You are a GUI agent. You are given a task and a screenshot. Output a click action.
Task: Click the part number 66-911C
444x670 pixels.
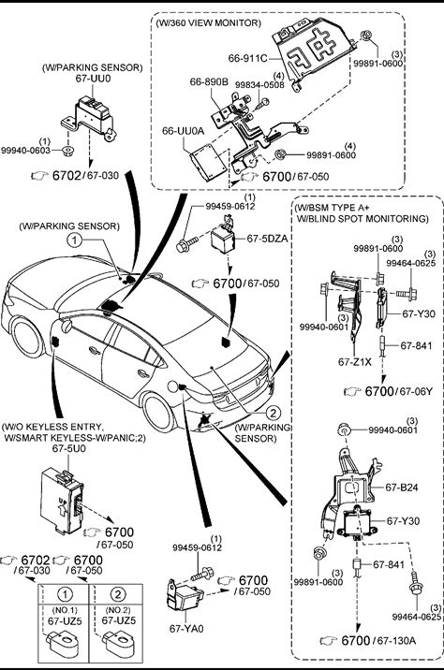click(247, 58)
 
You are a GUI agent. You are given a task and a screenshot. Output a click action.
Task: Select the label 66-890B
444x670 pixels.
click(209, 81)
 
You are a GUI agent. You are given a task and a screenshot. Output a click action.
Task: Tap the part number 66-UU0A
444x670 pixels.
click(183, 131)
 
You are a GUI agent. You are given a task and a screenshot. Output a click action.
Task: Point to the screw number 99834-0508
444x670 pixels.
click(259, 84)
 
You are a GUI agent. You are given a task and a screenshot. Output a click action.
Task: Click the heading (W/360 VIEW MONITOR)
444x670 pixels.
click(208, 22)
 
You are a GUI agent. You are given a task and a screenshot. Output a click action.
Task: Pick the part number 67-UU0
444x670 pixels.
click(93, 79)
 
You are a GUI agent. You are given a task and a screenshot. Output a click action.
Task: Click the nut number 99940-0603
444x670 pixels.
click(25, 150)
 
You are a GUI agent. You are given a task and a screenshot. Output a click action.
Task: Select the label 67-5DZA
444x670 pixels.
click(267, 239)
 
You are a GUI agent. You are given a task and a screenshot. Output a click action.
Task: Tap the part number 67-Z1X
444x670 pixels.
click(355, 362)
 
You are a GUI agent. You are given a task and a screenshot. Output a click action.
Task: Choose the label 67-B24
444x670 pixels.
click(402, 488)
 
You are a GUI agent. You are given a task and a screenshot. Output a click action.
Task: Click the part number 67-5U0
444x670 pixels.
click(69, 448)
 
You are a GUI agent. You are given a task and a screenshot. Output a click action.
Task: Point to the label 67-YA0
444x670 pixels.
click(186, 629)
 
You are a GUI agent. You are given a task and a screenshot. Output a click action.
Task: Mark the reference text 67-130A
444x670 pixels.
click(396, 640)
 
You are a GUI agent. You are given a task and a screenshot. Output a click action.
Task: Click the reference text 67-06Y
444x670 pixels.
click(416, 391)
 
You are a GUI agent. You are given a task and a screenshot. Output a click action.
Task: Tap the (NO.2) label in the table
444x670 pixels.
click(116, 610)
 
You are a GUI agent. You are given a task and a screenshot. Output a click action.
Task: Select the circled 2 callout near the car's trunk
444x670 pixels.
click(273, 413)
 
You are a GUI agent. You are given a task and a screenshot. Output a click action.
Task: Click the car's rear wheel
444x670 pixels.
click(158, 412)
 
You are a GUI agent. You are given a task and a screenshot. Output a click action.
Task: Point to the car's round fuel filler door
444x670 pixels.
click(172, 386)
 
